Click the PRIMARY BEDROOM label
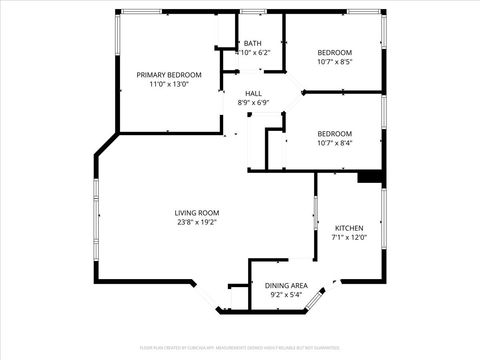(x=169, y=75)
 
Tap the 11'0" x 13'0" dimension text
(x=169, y=85)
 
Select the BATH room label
(x=252, y=44)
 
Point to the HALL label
(x=254, y=93)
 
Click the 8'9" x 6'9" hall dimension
(x=254, y=103)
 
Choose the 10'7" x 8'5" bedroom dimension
(x=335, y=62)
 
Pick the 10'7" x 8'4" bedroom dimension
(x=335, y=143)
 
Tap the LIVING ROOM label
(x=197, y=213)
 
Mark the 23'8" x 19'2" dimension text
(x=197, y=223)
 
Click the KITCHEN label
(x=349, y=228)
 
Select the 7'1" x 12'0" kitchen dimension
(x=349, y=238)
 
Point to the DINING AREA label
(x=286, y=286)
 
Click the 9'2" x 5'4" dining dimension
(x=286, y=296)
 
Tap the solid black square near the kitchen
(x=371, y=177)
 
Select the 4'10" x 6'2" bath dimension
(x=252, y=53)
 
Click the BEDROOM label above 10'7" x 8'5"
(x=335, y=52)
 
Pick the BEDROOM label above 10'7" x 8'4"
(x=335, y=133)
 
